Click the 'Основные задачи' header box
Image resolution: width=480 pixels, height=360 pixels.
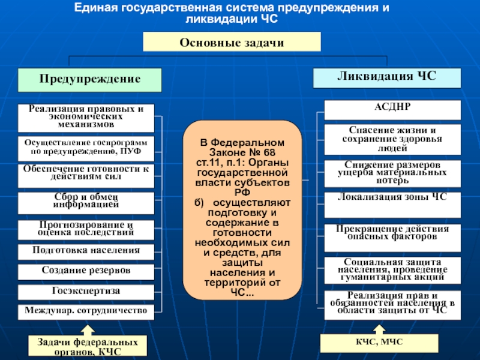coord(231,42)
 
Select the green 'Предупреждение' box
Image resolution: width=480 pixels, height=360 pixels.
coord(90,79)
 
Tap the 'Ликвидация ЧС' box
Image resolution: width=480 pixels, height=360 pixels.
coord(387,78)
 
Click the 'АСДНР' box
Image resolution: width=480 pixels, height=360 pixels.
coord(392,110)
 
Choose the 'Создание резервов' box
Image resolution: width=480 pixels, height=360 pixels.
coord(86,271)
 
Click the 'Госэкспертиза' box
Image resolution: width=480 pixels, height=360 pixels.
coord(86,292)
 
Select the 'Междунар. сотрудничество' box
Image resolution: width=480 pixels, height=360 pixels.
coord(86,311)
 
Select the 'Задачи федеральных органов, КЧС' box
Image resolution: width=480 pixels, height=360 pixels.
coord(88,346)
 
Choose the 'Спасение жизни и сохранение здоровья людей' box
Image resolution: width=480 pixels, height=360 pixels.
coord(392,139)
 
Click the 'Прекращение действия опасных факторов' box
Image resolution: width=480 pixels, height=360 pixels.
coord(392,234)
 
